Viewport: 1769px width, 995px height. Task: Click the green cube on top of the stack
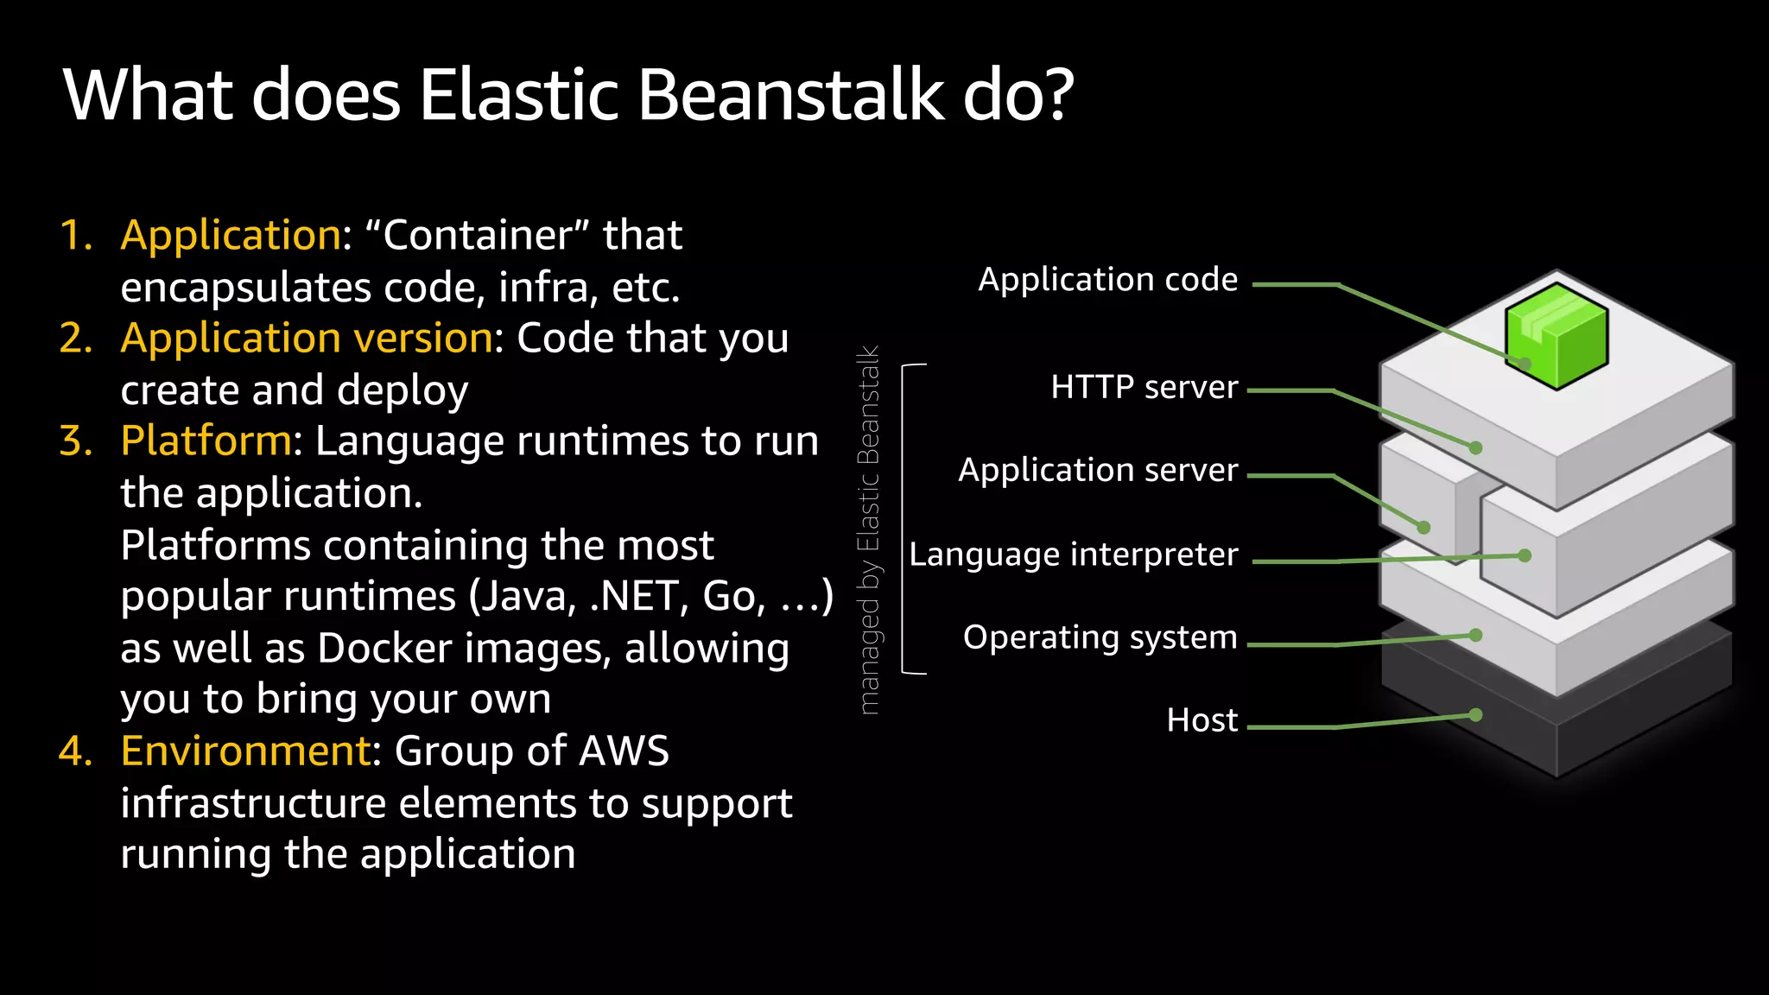point(1557,335)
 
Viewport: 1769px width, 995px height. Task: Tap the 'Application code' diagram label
point(1107,280)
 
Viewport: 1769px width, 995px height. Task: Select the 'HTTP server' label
point(1144,387)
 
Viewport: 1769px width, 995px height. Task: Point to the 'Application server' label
point(1098,470)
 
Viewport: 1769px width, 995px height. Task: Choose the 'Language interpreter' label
point(1074,555)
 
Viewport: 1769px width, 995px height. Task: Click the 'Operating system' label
point(1100,637)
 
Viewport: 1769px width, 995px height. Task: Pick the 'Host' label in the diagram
point(1202,720)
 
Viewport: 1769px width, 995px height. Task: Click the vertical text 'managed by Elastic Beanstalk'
point(869,530)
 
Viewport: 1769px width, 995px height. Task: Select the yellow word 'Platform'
point(206,440)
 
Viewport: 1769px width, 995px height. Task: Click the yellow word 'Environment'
point(245,751)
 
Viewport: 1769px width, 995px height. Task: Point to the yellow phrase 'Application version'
point(307,338)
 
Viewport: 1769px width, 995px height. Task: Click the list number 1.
point(76,235)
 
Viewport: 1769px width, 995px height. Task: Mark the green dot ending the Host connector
point(1475,715)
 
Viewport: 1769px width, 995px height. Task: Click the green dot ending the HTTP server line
point(1475,447)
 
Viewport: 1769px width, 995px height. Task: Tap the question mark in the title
point(1056,94)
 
